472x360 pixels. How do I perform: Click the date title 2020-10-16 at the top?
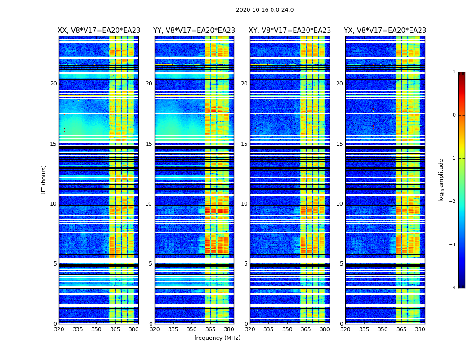(x=264, y=10)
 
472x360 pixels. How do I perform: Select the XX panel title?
(x=99, y=31)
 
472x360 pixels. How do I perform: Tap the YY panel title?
(x=194, y=31)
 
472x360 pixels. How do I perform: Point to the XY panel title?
(x=289, y=31)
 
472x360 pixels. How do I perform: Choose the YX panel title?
(x=385, y=31)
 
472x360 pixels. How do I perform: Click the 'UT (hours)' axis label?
(x=44, y=180)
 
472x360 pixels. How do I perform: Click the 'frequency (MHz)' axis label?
(x=217, y=338)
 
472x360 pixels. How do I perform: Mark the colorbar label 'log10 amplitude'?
(x=441, y=180)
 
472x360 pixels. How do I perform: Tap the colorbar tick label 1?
(x=454, y=72)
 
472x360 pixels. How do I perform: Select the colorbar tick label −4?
(x=452, y=288)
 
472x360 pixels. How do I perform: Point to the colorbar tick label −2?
(x=452, y=202)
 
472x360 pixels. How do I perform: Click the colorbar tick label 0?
(x=454, y=115)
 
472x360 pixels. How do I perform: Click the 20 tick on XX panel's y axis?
(x=53, y=84)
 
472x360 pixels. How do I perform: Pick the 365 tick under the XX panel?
(x=115, y=329)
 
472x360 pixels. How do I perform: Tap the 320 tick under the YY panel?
(x=155, y=329)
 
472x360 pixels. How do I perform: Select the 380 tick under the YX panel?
(x=420, y=329)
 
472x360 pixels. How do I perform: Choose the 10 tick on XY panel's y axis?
(x=244, y=204)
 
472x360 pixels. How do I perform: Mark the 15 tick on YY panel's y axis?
(x=149, y=144)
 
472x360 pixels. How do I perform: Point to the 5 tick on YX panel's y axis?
(x=342, y=264)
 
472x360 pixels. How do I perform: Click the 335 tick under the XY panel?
(x=269, y=329)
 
